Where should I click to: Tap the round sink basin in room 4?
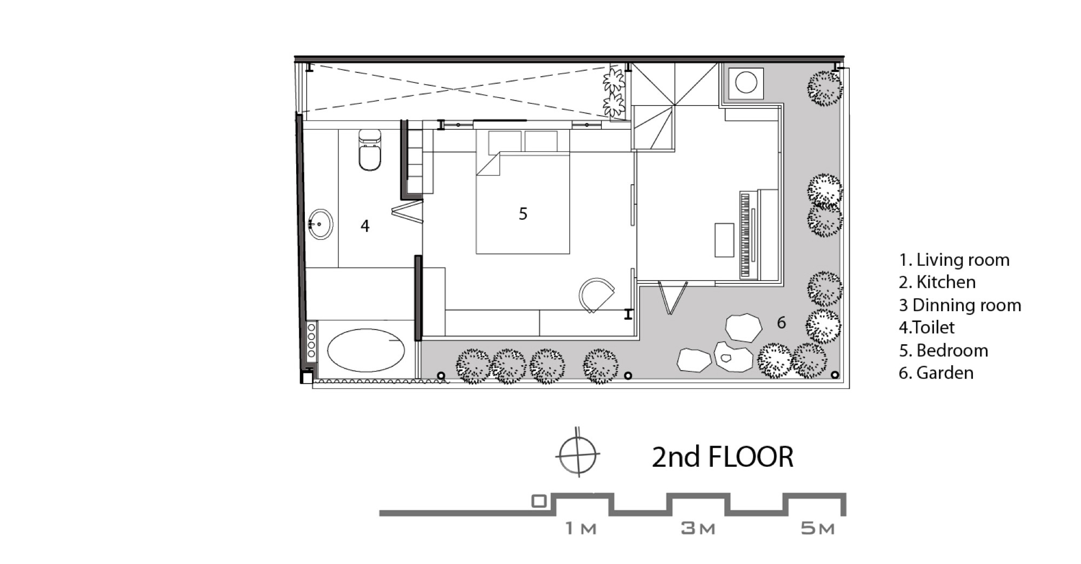(321, 224)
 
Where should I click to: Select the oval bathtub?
(366, 350)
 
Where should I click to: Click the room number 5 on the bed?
(523, 214)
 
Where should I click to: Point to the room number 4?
(365, 226)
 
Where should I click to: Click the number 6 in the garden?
(781, 323)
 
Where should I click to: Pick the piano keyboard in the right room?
(746, 235)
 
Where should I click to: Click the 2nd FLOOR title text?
(722, 457)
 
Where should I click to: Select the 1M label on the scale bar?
(581, 528)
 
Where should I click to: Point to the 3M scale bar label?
(698, 528)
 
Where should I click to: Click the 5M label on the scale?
(817, 528)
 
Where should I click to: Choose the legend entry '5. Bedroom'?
(943, 351)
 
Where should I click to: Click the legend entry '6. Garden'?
(936, 373)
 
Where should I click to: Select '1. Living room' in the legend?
(954, 260)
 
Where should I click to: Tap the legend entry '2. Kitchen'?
(937, 282)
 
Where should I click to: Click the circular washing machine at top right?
(746, 83)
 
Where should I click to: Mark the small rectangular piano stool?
(724, 240)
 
